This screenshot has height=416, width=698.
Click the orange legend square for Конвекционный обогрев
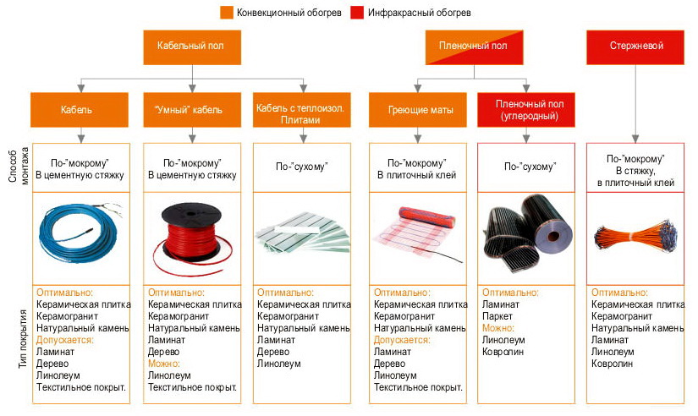[x=227, y=13]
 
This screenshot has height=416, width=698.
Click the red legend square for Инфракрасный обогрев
[x=353, y=13]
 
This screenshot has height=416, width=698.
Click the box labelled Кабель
[x=81, y=110]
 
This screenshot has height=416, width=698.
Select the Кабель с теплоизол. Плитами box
[x=303, y=110]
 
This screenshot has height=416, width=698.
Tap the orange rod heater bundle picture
[x=635, y=235]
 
